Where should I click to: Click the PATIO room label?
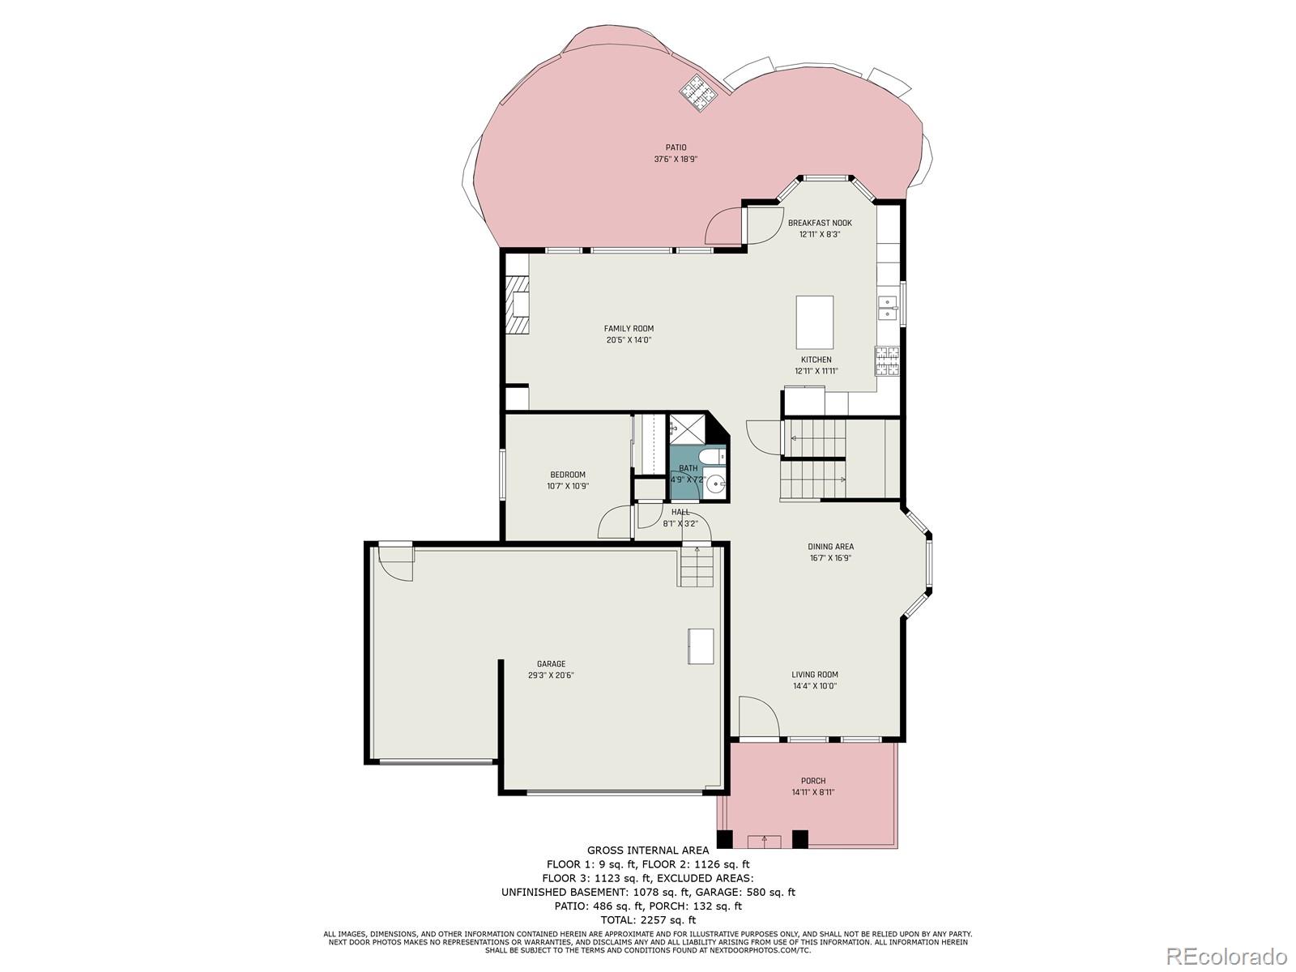point(676,147)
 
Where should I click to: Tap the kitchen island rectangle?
point(814,322)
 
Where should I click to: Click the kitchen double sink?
point(887,309)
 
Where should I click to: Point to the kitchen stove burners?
point(886,360)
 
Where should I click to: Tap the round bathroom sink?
point(715,484)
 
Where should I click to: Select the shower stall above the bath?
point(687,428)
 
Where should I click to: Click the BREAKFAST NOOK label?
point(820,223)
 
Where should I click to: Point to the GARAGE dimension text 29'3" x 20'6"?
point(551,675)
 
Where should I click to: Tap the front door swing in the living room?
point(758,717)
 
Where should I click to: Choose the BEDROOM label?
point(567,475)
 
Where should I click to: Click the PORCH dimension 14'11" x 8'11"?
point(812,792)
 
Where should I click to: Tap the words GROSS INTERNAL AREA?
point(647,850)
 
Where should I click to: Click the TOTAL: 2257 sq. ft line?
point(647,919)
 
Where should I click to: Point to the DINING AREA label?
point(830,547)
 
